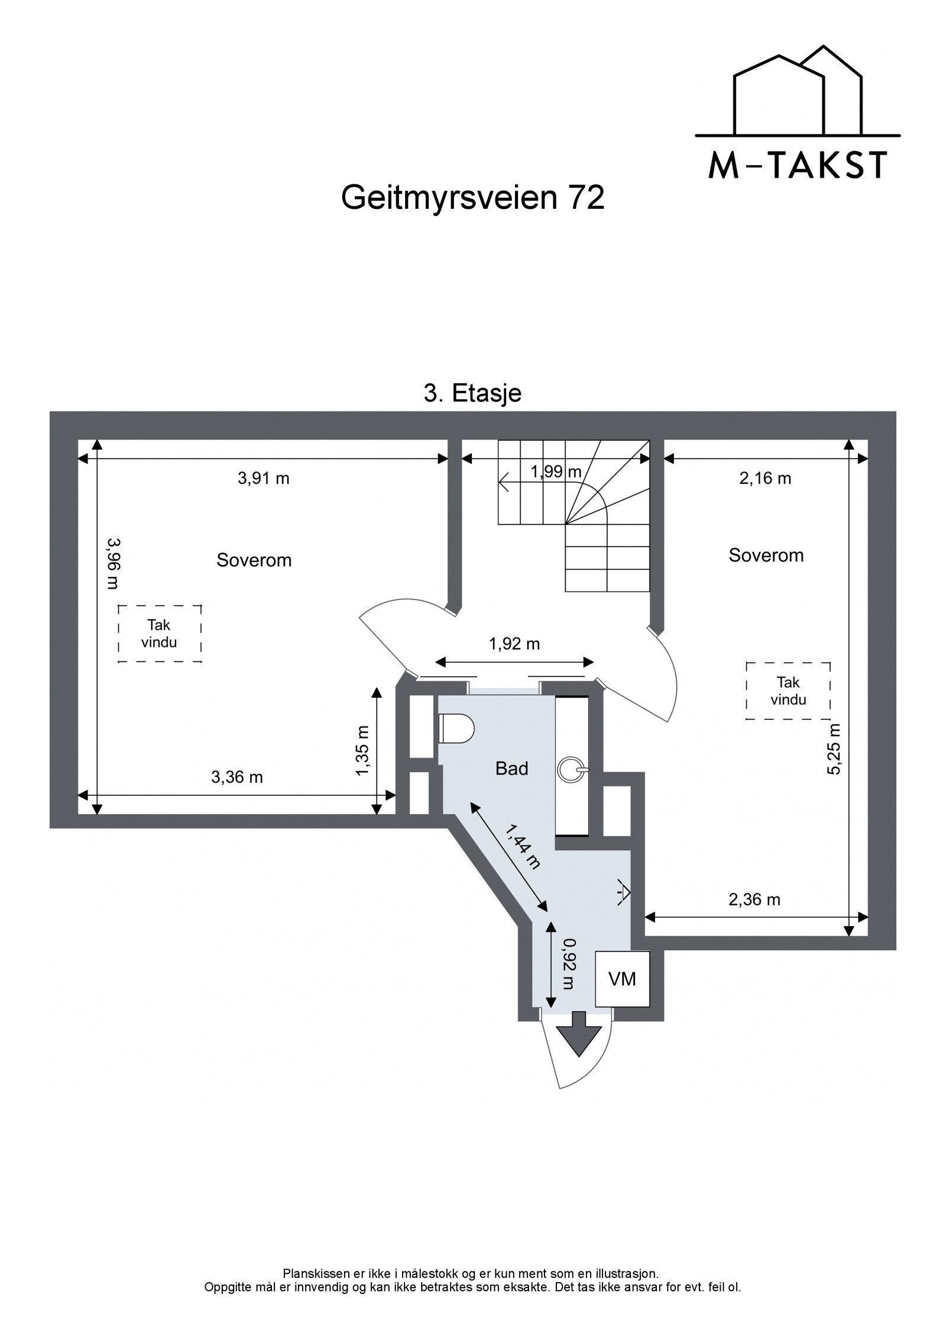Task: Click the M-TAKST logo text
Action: click(x=797, y=166)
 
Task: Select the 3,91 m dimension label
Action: click(x=264, y=478)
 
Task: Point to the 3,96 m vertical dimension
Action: click(x=112, y=563)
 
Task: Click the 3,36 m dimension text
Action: click(x=237, y=777)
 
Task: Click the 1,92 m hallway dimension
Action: click(x=514, y=644)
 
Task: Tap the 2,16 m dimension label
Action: click(x=765, y=478)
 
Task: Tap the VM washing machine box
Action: click(x=622, y=979)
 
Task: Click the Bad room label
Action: click(x=511, y=769)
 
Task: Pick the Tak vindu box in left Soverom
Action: click(x=160, y=634)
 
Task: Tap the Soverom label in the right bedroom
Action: click(x=766, y=555)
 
